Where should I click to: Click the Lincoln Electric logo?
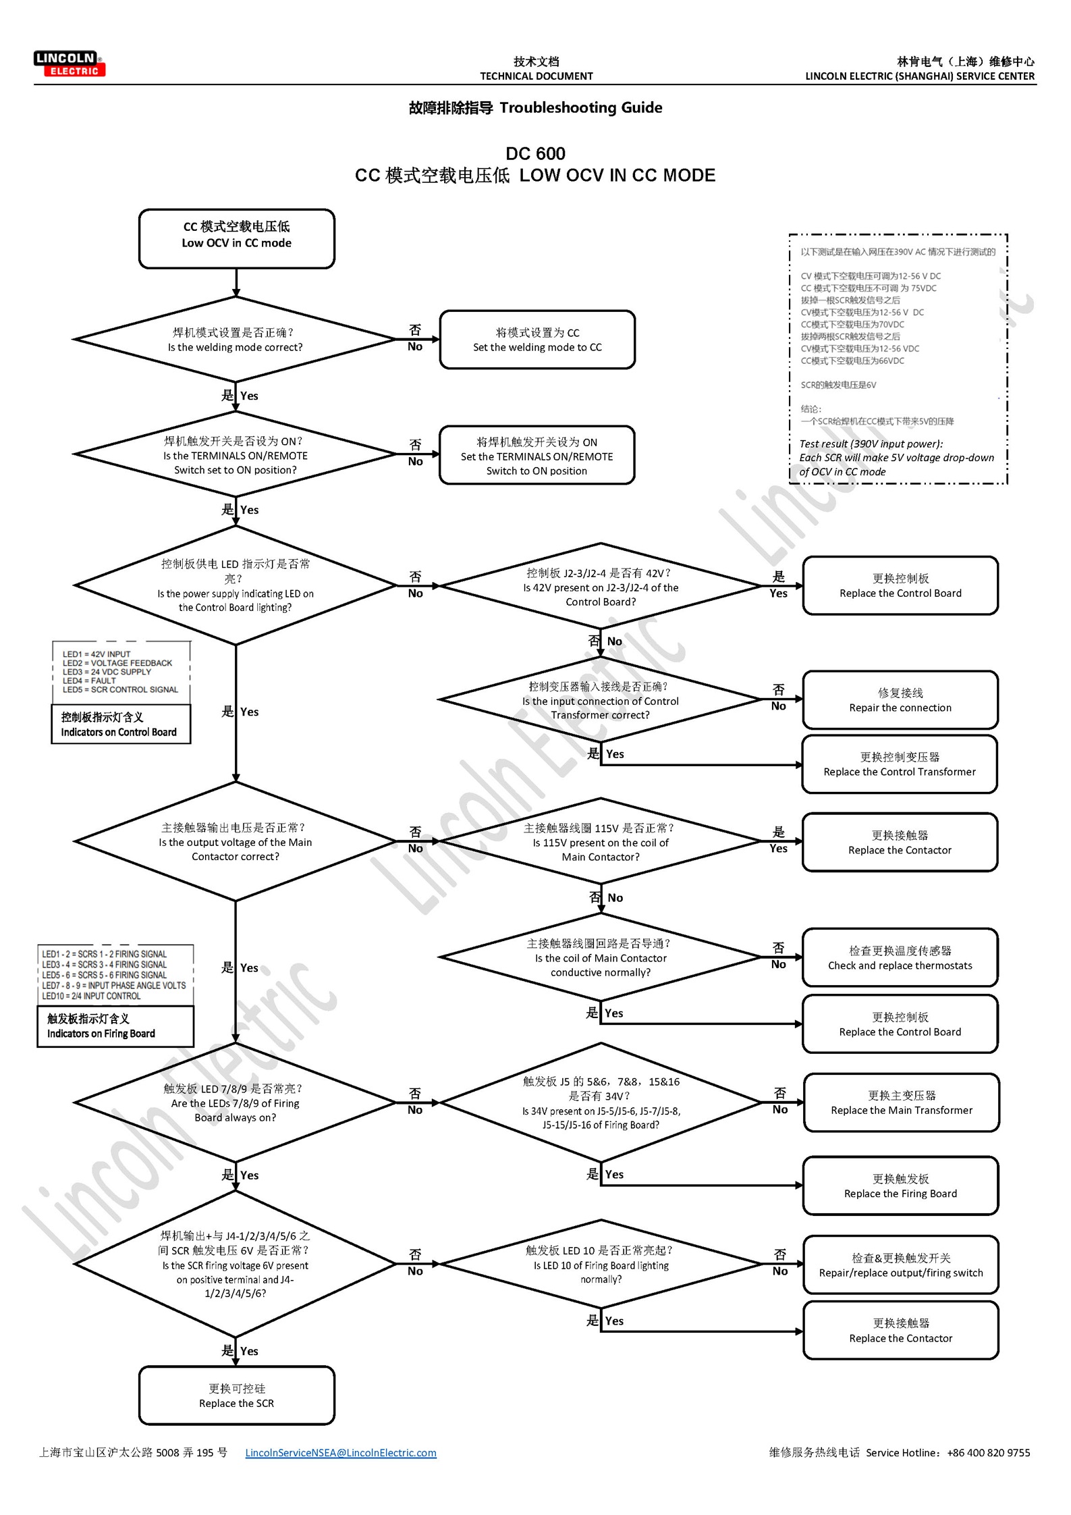click(x=70, y=63)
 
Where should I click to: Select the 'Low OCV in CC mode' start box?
click(x=236, y=238)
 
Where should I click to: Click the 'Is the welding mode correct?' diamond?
click(x=236, y=340)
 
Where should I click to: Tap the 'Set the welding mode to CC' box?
click(x=537, y=340)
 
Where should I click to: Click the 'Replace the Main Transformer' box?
click(x=901, y=1102)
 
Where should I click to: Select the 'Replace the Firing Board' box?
click(x=900, y=1186)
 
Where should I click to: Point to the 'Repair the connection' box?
click(x=900, y=700)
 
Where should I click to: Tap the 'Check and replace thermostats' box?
click(x=900, y=958)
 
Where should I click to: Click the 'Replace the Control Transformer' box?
click(x=900, y=764)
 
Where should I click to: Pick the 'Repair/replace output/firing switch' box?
click(x=901, y=1265)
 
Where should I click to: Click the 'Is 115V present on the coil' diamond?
click(x=600, y=842)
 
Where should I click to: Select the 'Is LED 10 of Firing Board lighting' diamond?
click(x=601, y=1264)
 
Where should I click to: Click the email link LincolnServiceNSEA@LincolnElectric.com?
click(x=341, y=1452)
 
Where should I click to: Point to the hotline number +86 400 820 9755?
click(x=988, y=1452)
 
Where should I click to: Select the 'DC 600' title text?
click(x=535, y=154)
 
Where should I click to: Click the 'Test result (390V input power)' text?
click(x=871, y=444)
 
